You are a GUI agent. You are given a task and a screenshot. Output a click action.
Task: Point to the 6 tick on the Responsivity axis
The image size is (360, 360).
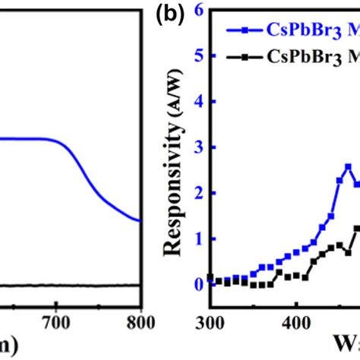pos(199,10)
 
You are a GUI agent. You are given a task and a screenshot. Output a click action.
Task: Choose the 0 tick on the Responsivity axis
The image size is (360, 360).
pos(199,283)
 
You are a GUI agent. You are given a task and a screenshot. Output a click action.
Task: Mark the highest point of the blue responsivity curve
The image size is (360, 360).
pos(348,166)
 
